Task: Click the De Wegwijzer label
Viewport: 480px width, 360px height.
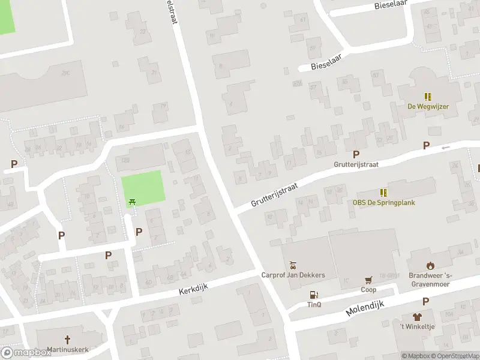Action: click(x=428, y=106)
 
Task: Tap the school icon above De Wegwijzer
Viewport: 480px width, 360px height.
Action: click(x=428, y=96)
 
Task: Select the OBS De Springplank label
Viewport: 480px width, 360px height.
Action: click(x=383, y=202)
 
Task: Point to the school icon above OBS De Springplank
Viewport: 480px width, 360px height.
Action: click(x=383, y=193)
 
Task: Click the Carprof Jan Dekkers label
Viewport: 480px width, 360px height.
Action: click(x=293, y=275)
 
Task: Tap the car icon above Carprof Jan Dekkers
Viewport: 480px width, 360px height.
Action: click(x=293, y=265)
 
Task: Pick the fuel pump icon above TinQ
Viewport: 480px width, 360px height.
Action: click(x=313, y=294)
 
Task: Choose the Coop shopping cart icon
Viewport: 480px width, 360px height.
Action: click(x=368, y=280)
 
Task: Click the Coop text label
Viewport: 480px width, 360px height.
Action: click(x=368, y=289)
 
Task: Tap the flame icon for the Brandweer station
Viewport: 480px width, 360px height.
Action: click(x=430, y=265)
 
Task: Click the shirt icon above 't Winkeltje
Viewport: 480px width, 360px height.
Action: click(x=417, y=316)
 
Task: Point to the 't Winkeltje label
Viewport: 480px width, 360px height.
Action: click(x=417, y=326)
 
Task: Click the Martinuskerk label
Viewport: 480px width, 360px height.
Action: click(x=67, y=349)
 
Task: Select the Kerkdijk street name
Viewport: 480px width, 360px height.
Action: click(x=193, y=290)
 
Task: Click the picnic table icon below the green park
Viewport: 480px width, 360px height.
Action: click(x=132, y=202)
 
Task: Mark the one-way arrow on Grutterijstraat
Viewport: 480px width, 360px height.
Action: click(x=445, y=147)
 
